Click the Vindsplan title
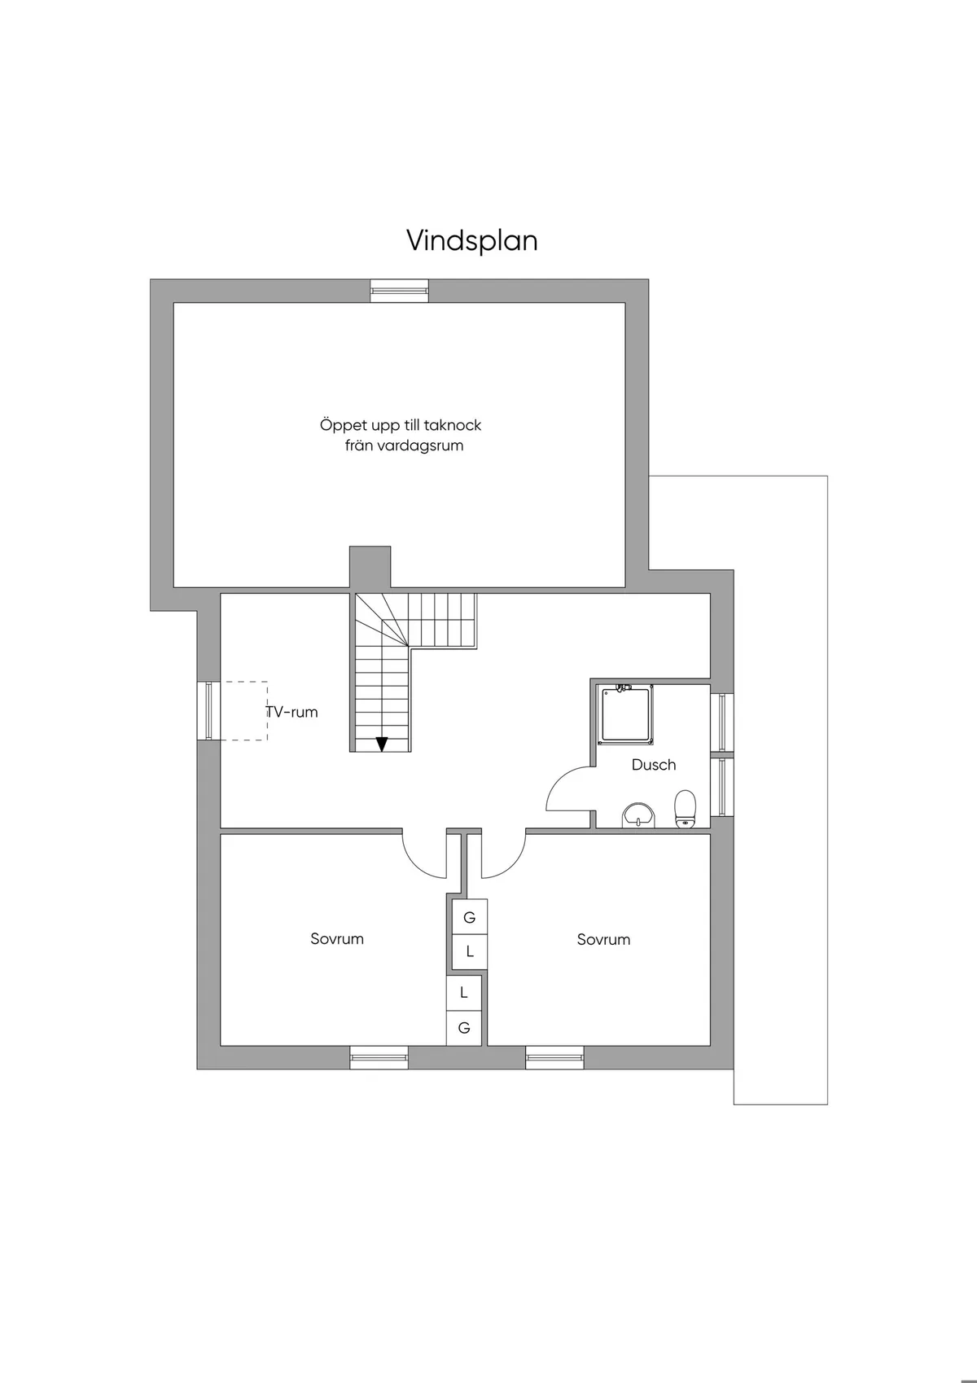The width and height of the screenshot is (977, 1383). [472, 241]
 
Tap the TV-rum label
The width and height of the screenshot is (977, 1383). [291, 712]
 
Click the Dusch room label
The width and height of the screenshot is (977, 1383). [654, 765]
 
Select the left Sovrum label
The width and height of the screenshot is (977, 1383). [337, 939]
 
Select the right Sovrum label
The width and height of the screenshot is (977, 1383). [603, 939]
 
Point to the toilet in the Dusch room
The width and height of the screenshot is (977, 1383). [686, 809]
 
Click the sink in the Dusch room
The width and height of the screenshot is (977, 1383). [639, 815]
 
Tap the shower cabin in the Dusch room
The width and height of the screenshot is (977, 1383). [626, 714]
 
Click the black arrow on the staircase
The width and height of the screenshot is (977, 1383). [381, 743]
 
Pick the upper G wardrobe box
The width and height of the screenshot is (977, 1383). [470, 918]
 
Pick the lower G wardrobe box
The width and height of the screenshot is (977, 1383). [464, 1028]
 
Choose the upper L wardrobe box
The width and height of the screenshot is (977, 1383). [470, 951]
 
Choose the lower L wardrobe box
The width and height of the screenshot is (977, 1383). [464, 993]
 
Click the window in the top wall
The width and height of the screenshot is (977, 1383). [399, 291]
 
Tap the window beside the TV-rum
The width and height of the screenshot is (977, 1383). [208, 711]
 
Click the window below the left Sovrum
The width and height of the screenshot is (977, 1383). [379, 1058]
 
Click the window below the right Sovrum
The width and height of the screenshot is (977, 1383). [554, 1058]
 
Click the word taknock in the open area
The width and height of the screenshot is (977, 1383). [451, 425]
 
